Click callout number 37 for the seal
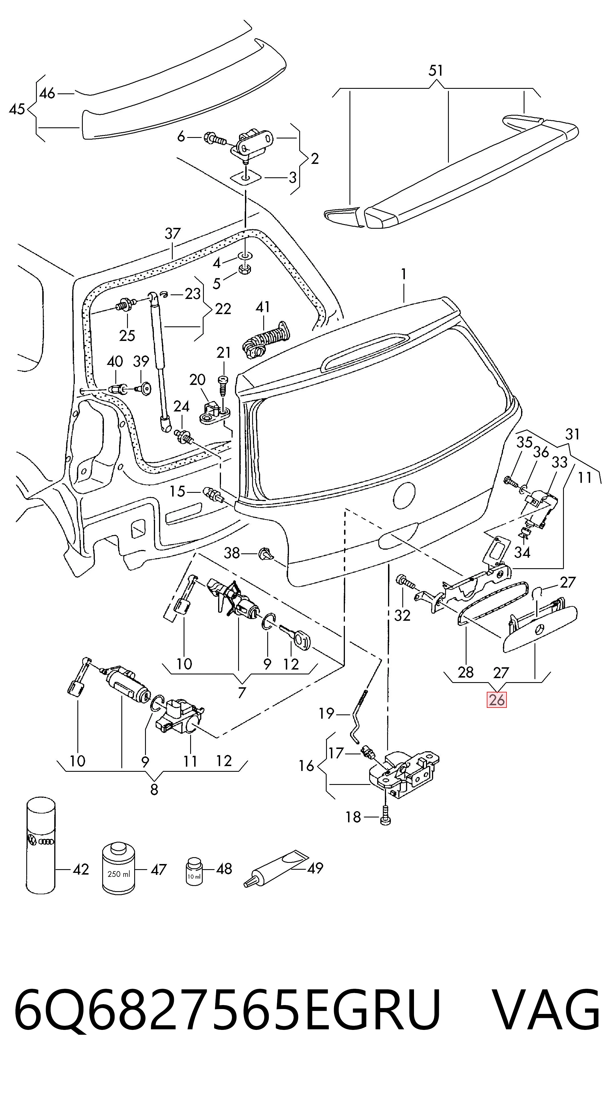(x=173, y=233)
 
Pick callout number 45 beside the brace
(x=17, y=109)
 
